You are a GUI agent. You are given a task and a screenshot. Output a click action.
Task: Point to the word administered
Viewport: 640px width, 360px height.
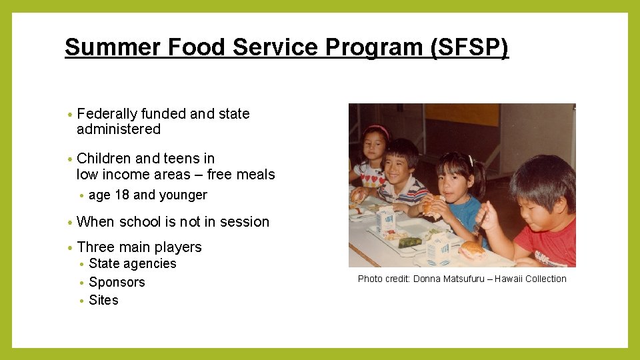coord(119,129)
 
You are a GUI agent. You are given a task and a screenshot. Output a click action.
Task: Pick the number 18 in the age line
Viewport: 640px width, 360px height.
coord(122,195)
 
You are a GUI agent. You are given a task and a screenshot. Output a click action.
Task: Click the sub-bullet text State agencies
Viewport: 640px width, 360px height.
coord(133,264)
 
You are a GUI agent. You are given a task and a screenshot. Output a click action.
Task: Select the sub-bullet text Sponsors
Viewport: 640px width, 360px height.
coord(117,283)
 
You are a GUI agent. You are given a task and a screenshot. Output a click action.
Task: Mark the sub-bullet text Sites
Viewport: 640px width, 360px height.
coord(103,301)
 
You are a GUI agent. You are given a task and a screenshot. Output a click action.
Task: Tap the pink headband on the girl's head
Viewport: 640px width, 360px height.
coord(377,130)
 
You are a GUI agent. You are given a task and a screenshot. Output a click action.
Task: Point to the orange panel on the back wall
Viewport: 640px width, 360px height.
coord(461,115)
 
